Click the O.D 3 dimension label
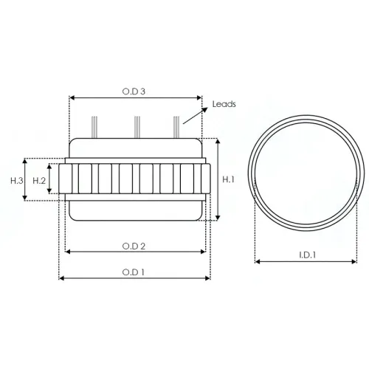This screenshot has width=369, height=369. [x=134, y=92]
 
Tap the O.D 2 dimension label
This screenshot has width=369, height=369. [x=134, y=246]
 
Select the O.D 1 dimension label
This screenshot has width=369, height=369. [x=134, y=272]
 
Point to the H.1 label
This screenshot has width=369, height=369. [x=228, y=179]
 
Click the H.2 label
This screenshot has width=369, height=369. [x=39, y=181]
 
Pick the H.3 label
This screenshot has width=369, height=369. [x=17, y=181]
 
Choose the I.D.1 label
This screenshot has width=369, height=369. [x=307, y=255]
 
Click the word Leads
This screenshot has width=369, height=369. [x=224, y=104]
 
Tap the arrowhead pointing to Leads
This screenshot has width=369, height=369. [x=204, y=110]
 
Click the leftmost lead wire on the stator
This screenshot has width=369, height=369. [x=94, y=127]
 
